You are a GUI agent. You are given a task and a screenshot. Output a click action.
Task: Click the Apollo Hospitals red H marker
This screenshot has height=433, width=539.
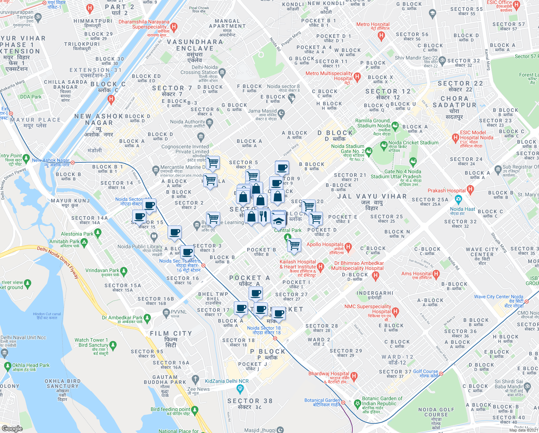click(x=348, y=247)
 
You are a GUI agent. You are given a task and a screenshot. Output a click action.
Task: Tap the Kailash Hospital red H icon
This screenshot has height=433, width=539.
click(x=321, y=267)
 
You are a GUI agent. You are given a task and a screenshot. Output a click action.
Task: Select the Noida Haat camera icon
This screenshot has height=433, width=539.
click(x=458, y=199)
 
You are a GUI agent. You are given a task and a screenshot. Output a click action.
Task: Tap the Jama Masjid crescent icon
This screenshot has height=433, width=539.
click(x=281, y=114)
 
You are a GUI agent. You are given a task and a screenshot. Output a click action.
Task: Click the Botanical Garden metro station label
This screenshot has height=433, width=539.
click(x=322, y=402)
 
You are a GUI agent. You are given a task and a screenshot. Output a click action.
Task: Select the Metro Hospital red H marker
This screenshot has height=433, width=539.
click(x=381, y=36)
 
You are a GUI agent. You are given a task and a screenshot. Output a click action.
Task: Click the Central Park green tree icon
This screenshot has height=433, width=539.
click(x=288, y=237)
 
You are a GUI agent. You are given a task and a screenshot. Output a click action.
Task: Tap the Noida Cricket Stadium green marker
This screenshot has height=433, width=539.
click(x=384, y=145)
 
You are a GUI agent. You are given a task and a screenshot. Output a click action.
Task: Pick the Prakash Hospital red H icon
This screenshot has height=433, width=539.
click(x=470, y=189)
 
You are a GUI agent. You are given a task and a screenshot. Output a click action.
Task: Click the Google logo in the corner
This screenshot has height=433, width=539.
click(x=12, y=428)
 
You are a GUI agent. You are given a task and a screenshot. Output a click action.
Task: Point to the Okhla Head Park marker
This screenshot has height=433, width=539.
click(x=8, y=367)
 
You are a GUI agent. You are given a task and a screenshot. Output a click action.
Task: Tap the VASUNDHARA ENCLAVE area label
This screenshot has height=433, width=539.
click(x=195, y=45)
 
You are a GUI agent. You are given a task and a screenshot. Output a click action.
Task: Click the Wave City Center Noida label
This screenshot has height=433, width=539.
click(x=498, y=297)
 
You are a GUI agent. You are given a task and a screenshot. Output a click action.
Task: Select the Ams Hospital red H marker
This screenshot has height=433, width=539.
click(x=436, y=274)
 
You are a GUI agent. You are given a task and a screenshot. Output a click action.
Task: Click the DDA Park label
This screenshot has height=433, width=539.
click(x=31, y=97)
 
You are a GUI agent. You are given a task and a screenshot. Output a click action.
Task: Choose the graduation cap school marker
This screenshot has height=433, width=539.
click(x=279, y=220)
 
